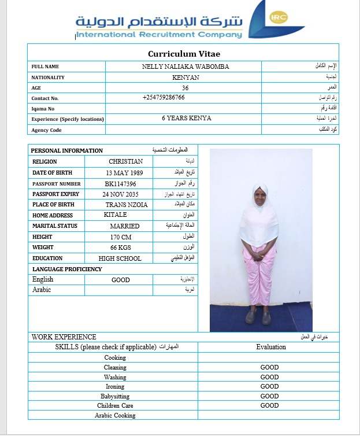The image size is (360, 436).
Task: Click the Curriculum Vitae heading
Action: click(183, 54)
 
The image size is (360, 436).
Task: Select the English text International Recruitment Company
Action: click(159, 35)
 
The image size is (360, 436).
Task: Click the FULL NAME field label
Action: click(45, 66)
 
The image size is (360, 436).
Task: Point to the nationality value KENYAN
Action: click(185, 77)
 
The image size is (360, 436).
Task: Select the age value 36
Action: click(185, 88)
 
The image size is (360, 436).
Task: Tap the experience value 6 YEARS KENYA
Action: click(186, 119)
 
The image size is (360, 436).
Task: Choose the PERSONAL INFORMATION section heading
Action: click(67, 150)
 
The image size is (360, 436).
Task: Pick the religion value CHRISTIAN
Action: click(125, 161)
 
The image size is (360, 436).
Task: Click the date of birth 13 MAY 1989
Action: click(125, 172)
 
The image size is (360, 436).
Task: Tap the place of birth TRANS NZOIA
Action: click(127, 205)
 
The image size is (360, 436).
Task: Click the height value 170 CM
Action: click(121, 237)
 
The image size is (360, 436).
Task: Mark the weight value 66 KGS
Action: click(121, 247)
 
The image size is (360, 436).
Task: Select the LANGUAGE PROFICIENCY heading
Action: click(67, 269)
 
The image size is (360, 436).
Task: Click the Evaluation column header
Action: click(271, 347)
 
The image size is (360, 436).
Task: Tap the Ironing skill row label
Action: click(115, 386)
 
